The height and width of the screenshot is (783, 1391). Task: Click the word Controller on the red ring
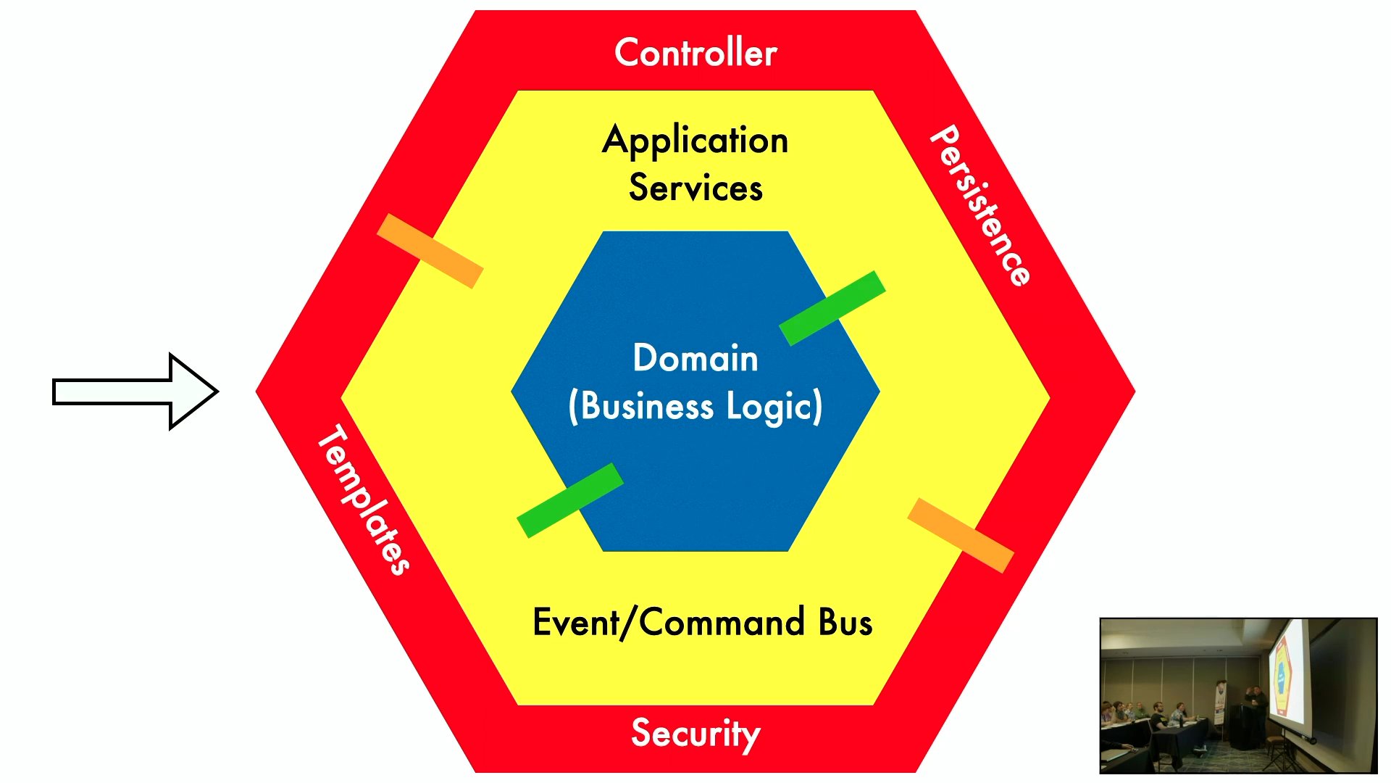695,53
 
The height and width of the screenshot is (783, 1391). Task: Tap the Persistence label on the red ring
980,206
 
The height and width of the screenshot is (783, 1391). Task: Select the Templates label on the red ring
364,500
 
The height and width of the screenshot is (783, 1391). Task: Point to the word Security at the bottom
695,733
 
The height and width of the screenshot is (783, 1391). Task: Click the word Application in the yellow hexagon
695,140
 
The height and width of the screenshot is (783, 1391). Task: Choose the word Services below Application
695,188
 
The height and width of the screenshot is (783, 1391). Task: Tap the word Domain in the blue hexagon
695,358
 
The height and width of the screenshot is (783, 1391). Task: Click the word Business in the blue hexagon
647,406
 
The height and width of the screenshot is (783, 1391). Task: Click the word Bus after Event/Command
845,623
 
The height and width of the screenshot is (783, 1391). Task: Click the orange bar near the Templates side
430,251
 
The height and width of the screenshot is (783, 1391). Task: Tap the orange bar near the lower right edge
960,535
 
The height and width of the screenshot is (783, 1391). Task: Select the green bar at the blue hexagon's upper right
832,308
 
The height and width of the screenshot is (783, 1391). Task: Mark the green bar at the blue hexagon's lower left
570,500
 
